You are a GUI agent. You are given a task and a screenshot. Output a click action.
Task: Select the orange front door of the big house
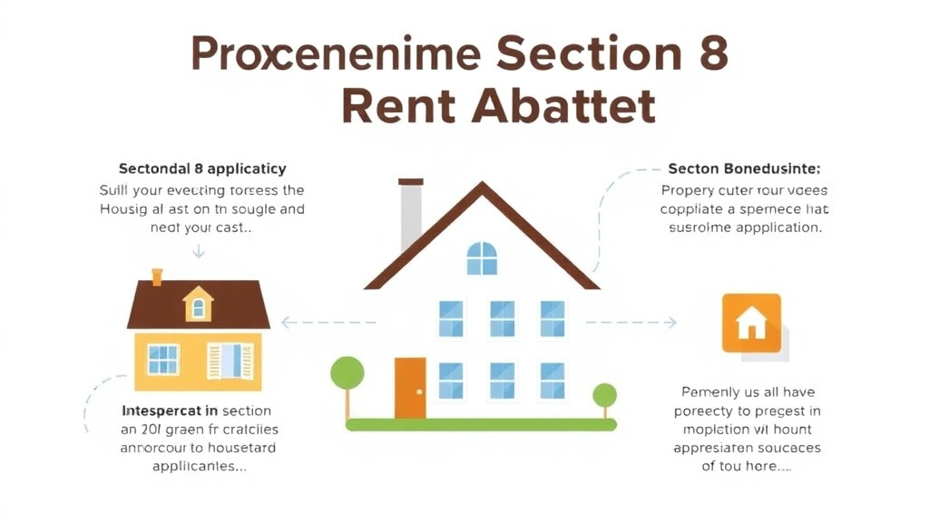(410, 388)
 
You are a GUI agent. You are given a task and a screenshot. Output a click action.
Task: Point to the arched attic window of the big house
(482, 258)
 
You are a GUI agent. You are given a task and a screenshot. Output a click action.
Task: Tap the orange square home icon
(751, 323)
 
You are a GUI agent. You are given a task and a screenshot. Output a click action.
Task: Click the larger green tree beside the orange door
(347, 373)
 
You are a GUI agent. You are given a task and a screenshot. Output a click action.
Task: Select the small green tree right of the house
(604, 396)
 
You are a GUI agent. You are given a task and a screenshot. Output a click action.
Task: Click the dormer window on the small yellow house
(198, 306)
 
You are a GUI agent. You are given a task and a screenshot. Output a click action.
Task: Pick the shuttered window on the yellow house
(226, 360)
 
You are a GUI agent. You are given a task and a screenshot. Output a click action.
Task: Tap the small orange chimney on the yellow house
(157, 276)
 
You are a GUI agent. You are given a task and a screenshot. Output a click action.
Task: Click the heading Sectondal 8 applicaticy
(202, 169)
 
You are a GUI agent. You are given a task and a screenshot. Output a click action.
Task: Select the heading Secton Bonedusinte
(744, 169)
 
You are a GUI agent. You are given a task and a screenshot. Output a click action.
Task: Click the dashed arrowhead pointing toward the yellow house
(287, 322)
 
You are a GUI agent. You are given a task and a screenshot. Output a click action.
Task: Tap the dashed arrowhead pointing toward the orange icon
(671, 322)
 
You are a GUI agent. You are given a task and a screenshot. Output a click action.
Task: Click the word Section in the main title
(579, 54)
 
